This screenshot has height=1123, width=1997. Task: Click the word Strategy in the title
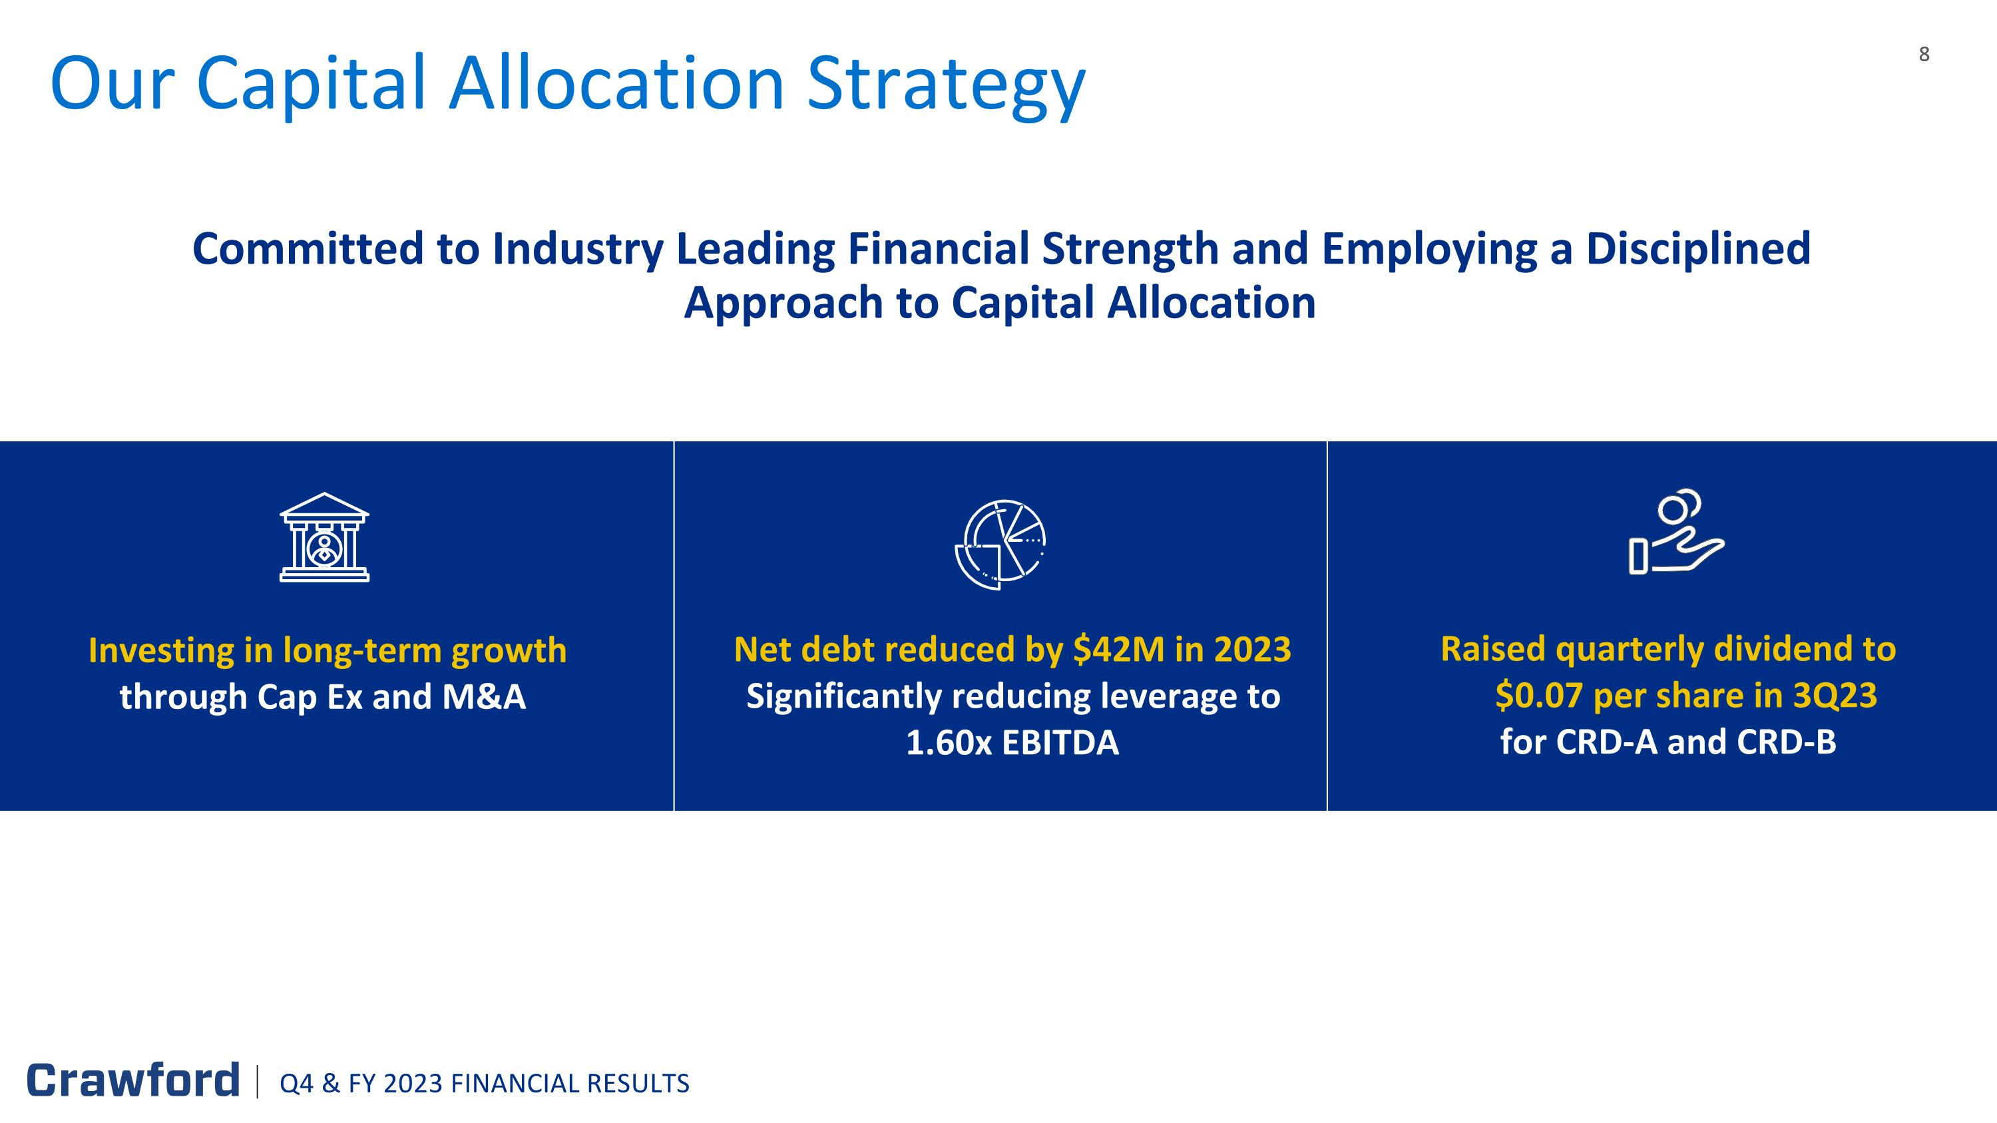point(946,84)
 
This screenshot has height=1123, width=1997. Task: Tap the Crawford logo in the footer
point(132,1080)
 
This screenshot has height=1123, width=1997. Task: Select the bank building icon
point(324,537)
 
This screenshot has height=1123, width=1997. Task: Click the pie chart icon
point(1000,544)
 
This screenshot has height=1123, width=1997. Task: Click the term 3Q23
point(1835,695)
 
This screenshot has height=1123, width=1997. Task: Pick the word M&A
point(484,697)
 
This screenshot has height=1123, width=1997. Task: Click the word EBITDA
point(1060,742)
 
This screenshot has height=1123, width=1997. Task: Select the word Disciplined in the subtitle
point(1697,249)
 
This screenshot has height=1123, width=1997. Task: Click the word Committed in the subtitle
point(308,249)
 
